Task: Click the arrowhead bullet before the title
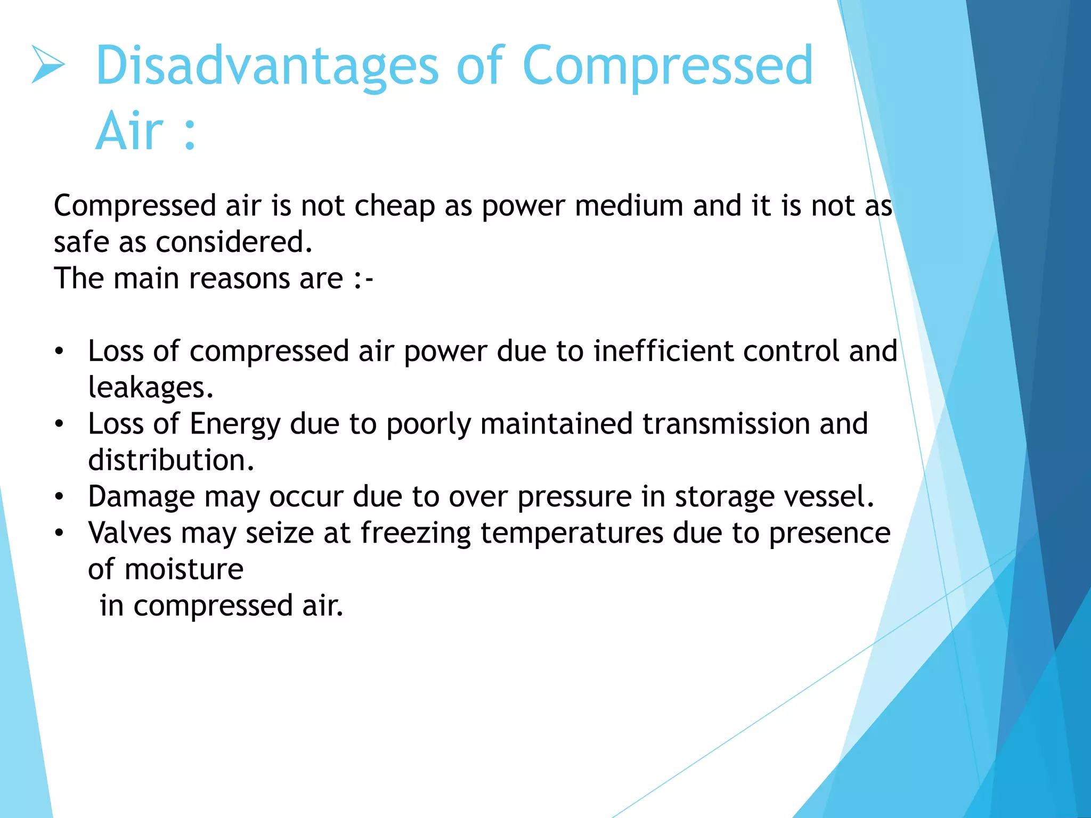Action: click(x=48, y=64)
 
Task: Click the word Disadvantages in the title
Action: click(x=267, y=66)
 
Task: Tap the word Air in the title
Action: click(x=129, y=131)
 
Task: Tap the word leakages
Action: click(x=150, y=388)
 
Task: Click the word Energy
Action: click(x=235, y=424)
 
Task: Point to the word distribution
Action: click(x=171, y=460)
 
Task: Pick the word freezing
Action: click(x=416, y=533)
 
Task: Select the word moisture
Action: click(x=184, y=569)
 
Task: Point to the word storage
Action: click(x=723, y=497)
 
